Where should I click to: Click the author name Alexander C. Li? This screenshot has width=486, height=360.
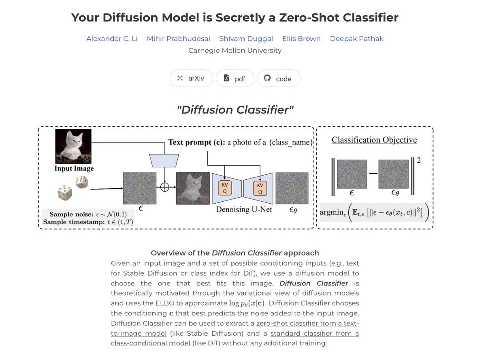[112, 39]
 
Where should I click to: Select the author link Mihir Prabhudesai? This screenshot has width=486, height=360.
[178, 39]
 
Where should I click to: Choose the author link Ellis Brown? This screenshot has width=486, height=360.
[301, 39]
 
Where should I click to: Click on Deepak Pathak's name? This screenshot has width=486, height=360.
[356, 39]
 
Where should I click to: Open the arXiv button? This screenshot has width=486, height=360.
[191, 79]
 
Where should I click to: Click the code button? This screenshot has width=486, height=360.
[278, 79]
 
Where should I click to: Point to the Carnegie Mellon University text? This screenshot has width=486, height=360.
[235, 51]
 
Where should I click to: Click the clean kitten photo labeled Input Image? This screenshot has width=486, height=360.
[73, 146]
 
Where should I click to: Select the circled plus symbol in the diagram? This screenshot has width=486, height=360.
[164, 187]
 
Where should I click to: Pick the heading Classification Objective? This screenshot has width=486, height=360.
[374, 140]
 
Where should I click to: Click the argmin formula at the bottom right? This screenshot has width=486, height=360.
[374, 212]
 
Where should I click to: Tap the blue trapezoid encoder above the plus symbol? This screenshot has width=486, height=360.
[164, 160]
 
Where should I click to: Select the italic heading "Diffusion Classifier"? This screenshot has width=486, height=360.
[235, 110]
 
